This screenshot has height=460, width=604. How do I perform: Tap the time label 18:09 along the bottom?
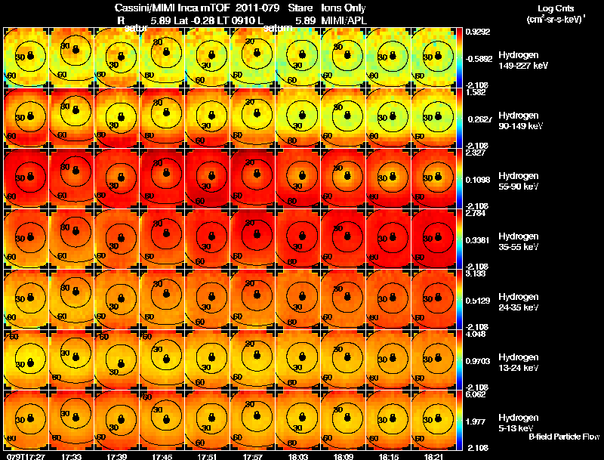pyautogui.click(x=344, y=456)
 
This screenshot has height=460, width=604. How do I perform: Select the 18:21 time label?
pyautogui.click(x=434, y=456)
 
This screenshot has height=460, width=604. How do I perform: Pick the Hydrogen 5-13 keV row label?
pyautogui.click(x=520, y=422)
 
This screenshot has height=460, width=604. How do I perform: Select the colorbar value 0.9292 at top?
pyautogui.click(x=477, y=32)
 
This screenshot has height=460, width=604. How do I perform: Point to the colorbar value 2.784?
pyautogui.click(x=477, y=213)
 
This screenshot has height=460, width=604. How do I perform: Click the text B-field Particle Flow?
pyautogui.click(x=563, y=437)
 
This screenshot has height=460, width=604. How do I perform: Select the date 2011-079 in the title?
pyautogui.click(x=257, y=7)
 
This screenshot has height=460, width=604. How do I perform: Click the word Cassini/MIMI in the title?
pyautogui.click(x=134, y=7)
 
